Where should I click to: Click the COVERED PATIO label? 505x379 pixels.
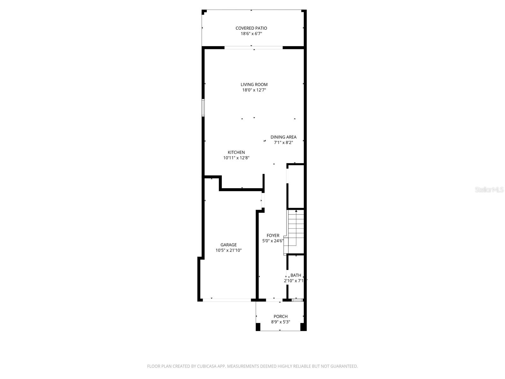click(251, 28)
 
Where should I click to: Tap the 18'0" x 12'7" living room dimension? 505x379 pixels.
click(254, 90)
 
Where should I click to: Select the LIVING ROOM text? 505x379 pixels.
click(254, 84)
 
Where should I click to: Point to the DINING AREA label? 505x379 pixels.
click(283, 137)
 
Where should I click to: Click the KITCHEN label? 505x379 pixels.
click(236, 152)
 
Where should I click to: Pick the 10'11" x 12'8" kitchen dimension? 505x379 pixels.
click(236, 158)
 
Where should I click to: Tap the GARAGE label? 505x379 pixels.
click(228, 245)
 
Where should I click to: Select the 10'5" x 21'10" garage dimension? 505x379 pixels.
click(228, 250)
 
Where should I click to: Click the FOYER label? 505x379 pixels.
click(273, 236)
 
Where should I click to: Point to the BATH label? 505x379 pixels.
click(295, 275)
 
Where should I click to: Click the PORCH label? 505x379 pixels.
click(280, 316)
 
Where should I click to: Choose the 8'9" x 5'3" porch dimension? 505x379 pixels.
click(280, 322)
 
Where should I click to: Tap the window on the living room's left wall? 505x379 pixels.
click(203, 108)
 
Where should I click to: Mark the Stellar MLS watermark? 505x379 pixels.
click(489, 190)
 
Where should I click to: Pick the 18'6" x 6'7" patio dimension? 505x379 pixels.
click(251, 33)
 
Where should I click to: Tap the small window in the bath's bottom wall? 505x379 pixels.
click(297, 300)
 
